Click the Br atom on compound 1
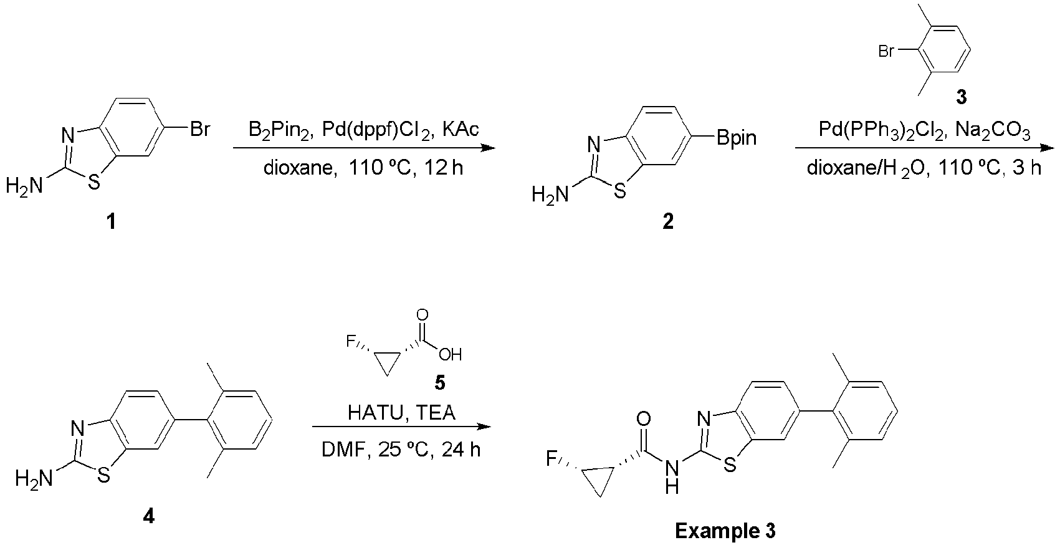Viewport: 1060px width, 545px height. point(199,129)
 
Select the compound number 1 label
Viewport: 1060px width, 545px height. point(111,221)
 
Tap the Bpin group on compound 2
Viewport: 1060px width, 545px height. point(737,138)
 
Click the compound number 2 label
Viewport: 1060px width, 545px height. point(667,221)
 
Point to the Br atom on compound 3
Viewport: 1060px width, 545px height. point(886,51)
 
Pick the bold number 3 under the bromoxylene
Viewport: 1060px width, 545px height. point(961,97)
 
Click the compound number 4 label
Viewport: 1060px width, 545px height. point(148,516)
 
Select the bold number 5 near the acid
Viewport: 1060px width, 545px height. point(439,383)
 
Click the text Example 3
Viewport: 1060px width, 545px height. point(725,531)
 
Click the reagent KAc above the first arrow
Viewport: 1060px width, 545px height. point(461,129)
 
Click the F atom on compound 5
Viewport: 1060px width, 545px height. point(351,340)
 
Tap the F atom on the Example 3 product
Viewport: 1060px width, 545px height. point(551,458)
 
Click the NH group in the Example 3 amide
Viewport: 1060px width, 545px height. point(672,477)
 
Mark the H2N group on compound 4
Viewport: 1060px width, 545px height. point(34,479)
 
